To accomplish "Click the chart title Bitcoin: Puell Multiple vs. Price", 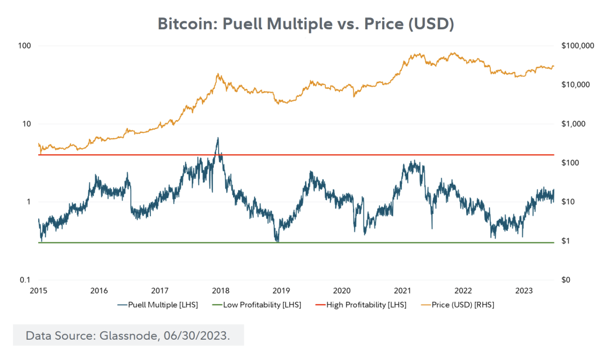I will point(306,24).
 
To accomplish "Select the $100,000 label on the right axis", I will point(578,46).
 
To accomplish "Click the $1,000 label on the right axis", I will point(574,124).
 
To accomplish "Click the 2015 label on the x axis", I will point(39,291).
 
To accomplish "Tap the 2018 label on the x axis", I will point(220,291).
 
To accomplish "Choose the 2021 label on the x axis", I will point(403,291).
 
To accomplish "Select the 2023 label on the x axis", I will point(524,291).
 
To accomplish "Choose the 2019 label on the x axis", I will point(281,291).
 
